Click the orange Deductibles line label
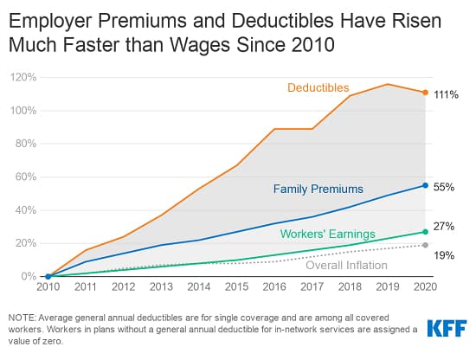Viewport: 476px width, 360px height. coord(318,87)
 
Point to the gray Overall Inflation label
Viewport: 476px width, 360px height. coord(346,265)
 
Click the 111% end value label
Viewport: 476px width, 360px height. coord(445,93)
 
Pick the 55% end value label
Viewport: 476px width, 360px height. coord(445,186)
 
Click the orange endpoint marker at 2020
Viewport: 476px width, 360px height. coord(425,93)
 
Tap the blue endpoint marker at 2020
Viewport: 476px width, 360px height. coord(425,185)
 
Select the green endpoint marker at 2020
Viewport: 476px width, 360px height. coord(425,232)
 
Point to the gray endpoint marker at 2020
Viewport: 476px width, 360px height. coord(425,245)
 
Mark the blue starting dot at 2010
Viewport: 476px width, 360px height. coord(48,277)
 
